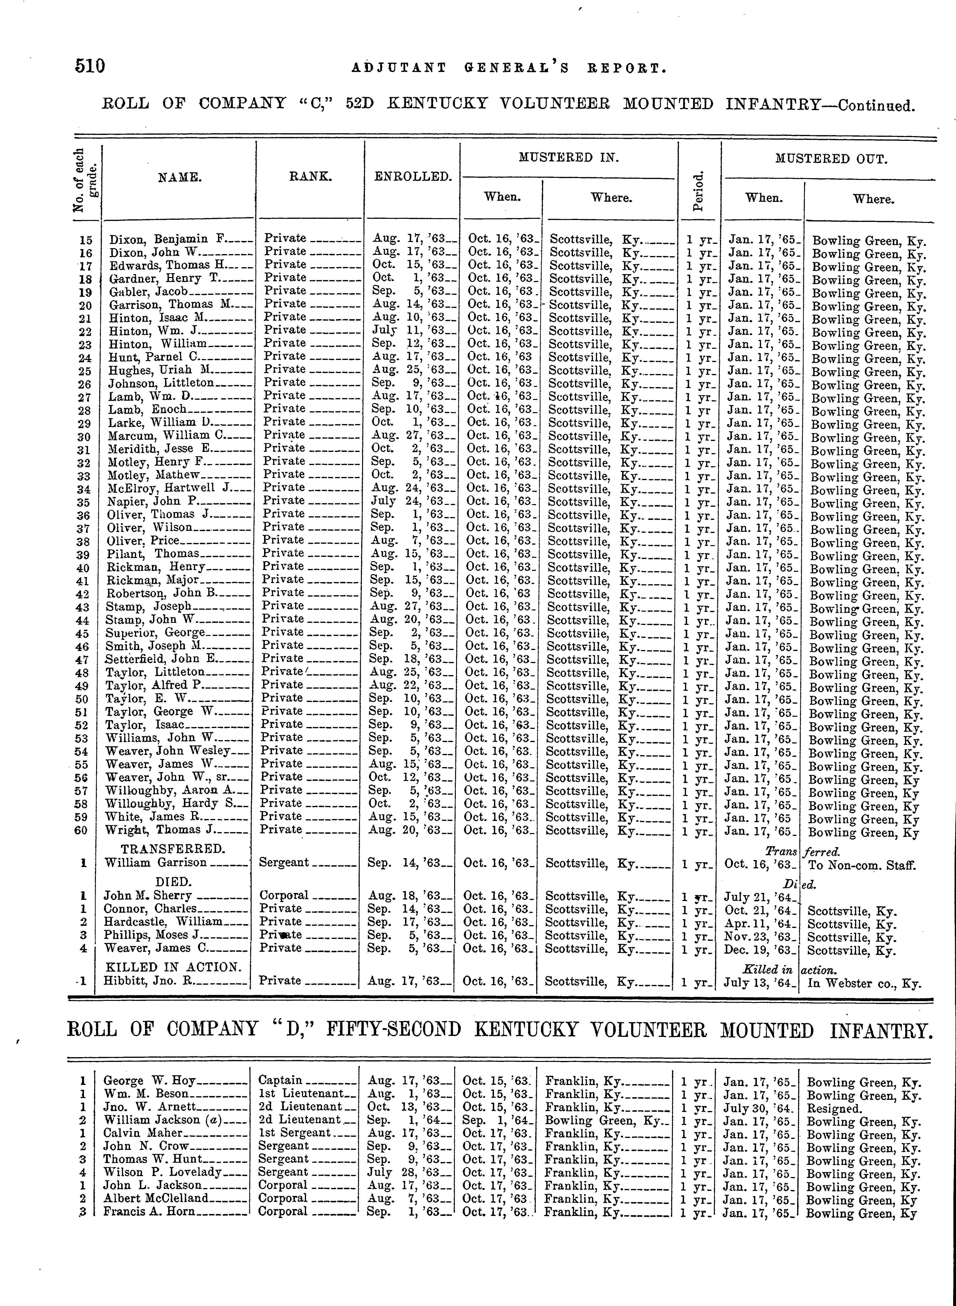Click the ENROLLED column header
[x=413, y=176]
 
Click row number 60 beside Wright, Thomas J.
[x=81, y=830]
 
